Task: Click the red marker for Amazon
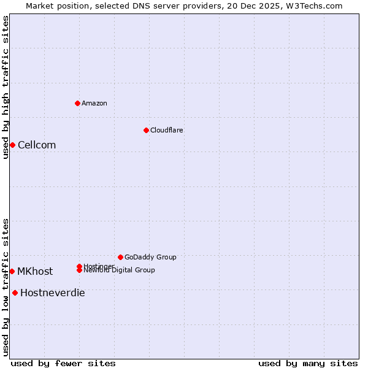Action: pyautogui.click(x=77, y=103)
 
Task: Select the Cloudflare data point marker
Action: pyautogui.click(x=146, y=130)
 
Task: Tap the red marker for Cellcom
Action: pyautogui.click(x=12, y=145)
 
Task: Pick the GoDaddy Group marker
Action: pyautogui.click(x=120, y=257)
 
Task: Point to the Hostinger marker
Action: pyautogui.click(x=79, y=266)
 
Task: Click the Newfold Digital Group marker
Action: pyautogui.click(x=80, y=270)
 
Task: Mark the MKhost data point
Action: pyautogui.click(x=12, y=271)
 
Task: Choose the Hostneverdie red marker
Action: pyautogui.click(x=15, y=293)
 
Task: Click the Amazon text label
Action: pyautogui.click(x=94, y=103)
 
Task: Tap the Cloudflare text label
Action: pyautogui.click(x=167, y=130)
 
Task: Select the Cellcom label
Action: pyautogui.click(x=37, y=145)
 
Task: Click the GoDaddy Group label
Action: pyautogui.click(x=150, y=257)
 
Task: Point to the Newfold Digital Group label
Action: pyautogui.click(x=120, y=270)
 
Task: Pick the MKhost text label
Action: pyautogui.click(x=35, y=271)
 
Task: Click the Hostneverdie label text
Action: pyautogui.click(x=53, y=293)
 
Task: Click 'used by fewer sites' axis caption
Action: pyautogui.click(x=63, y=363)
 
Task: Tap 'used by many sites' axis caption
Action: pyautogui.click(x=308, y=363)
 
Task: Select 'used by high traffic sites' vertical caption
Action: pyautogui.click(x=6, y=87)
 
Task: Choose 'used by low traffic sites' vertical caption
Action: pyautogui.click(x=6, y=287)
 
